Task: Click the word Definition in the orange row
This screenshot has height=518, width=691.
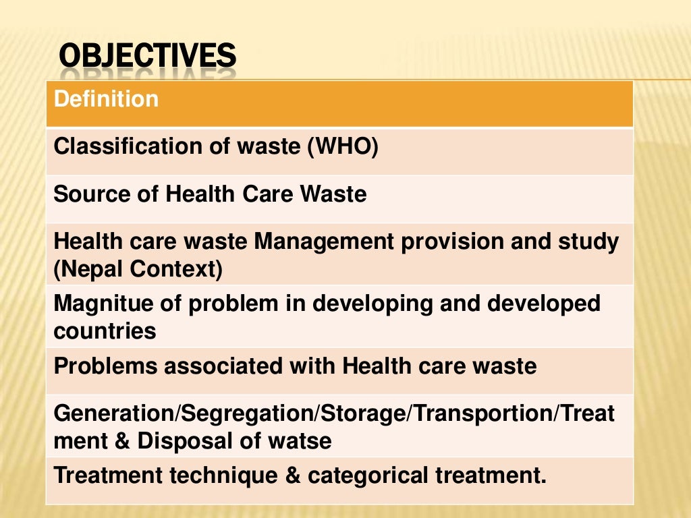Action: pyautogui.click(x=106, y=99)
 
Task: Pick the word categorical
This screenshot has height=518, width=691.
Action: pyautogui.click(x=365, y=475)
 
